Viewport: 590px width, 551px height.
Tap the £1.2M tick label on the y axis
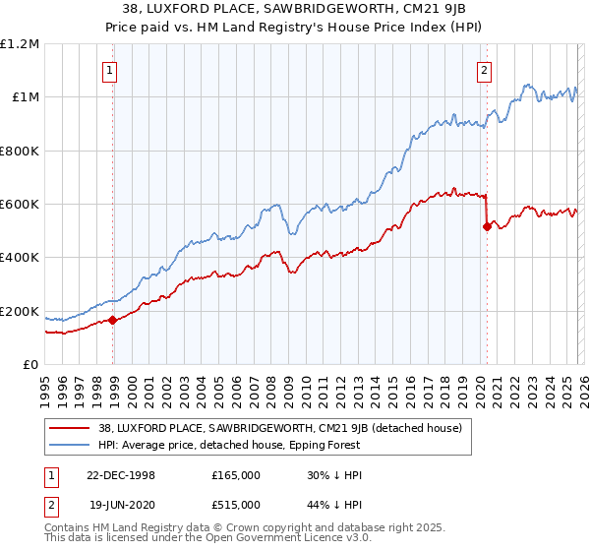[20, 44]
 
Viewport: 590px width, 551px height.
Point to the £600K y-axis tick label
[20, 205]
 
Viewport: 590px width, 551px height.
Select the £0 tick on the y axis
[30, 365]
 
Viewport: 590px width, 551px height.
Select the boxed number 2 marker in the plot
[485, 70]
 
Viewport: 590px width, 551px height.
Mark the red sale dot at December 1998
[113, 320]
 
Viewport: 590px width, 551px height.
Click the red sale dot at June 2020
[487, 226]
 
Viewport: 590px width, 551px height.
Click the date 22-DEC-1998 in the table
[121, 474]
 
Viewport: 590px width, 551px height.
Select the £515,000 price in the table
[236, 504]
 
